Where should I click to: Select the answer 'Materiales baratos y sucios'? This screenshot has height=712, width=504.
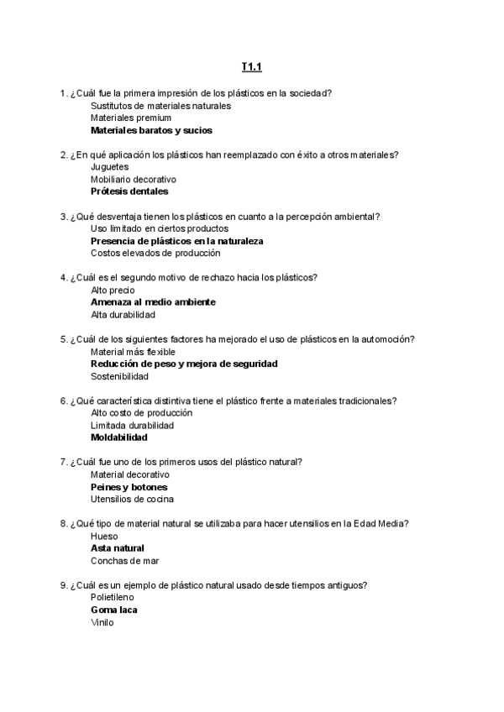(x=151, y=130)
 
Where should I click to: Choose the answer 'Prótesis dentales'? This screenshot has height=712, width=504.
(x=129, y=191)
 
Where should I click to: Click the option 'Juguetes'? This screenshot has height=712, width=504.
(x=109, y=167)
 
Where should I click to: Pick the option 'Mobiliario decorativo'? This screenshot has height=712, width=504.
(x=133, y=179)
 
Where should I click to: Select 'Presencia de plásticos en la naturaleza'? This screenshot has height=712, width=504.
(x=177, y=241)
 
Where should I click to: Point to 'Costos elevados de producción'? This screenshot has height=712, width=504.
(x=155, y=253)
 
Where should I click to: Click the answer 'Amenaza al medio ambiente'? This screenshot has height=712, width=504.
(x=153, y=301)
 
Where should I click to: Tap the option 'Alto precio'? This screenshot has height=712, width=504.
(x=112, y=290)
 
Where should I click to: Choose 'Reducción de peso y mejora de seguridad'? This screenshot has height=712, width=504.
(x=184, y=364)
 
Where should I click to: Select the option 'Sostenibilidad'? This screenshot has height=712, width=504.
(x=119, y=376)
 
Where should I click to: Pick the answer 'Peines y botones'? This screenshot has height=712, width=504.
(x=129, y=487)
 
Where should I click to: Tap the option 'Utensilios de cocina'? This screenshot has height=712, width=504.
(x=132, y=499)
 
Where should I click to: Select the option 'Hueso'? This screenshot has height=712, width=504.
(x=104, y=536)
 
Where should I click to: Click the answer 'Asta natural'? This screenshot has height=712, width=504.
(x=118, y=548)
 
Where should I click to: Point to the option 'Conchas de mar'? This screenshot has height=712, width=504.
(x=124, y=560)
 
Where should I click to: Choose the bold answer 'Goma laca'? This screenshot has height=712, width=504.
(x=113, y=610)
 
